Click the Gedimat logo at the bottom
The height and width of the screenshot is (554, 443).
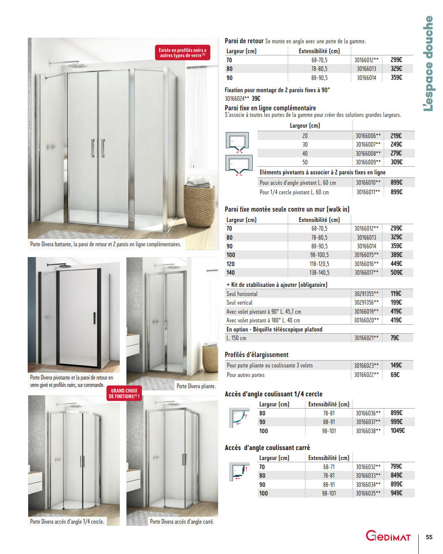point(388,536)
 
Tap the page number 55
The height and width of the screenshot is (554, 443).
point(429,537)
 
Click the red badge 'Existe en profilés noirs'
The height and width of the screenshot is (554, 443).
point(182,53)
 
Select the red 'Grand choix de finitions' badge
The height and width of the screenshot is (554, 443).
point(125,393)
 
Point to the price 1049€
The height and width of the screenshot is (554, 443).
point(398,431)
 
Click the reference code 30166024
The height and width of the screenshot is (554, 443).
point(237,99)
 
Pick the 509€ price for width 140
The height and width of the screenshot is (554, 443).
point(396,273)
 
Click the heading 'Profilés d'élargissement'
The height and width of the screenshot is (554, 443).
point(257,355)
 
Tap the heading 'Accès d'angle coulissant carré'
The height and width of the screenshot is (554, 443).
point(267,448)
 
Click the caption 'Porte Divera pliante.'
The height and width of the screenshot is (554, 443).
point(196,386)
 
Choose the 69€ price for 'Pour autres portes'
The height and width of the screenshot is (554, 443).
point(395,375)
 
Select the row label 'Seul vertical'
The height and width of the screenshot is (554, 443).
point(239,303)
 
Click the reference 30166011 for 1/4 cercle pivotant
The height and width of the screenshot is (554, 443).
point(368,192)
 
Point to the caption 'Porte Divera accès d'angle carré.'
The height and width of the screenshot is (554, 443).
point(182,522)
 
